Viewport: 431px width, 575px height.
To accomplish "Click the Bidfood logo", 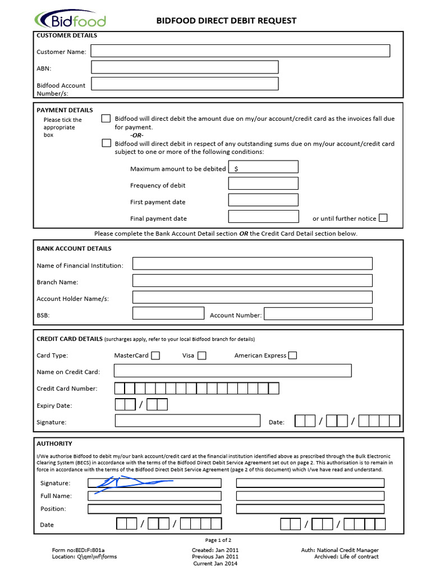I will click(70, 21).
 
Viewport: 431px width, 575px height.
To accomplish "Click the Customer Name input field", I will click(240, 51).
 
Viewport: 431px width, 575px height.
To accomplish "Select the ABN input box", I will click(185, 67).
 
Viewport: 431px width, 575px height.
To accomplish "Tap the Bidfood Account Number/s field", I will click(185, 84).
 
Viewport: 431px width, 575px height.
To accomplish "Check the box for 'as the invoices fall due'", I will click(106, 118).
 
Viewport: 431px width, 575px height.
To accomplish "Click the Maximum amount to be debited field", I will click(263, 167).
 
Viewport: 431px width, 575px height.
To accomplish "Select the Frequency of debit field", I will click(263, 184).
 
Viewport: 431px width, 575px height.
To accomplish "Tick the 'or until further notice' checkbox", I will click(383, 218).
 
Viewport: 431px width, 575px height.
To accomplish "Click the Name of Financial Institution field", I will click(252, 264).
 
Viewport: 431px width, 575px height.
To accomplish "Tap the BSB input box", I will click(168, 314).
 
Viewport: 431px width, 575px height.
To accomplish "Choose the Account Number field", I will click(318, 314).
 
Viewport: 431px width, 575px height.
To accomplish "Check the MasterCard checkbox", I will click(155, 355).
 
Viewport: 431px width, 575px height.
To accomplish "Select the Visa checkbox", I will click(202, 355).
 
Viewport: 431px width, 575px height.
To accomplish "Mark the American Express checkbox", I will click(292, 355).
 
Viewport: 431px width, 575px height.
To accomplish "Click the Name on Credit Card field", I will click(232, 371).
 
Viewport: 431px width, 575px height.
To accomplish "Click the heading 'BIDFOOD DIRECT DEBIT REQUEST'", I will click(226, 21).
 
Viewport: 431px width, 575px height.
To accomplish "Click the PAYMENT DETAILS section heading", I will click(65, 110).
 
